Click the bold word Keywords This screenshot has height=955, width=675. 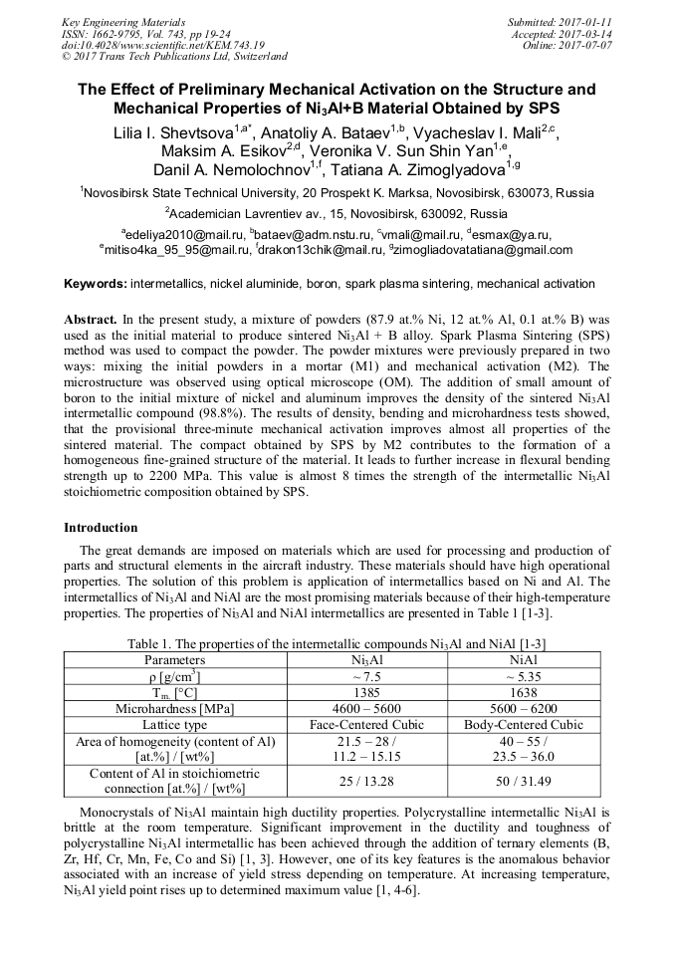coord(96,284)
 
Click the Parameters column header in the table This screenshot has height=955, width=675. coord(175,660)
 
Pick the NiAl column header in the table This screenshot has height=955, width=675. coord(523,660)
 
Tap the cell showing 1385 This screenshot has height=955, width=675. coord(367,692)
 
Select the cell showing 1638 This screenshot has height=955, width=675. coord(523,692)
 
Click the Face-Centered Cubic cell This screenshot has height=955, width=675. coord(367,724)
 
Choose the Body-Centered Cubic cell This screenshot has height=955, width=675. coord(523,724)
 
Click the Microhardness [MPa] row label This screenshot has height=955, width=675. coord(175,708)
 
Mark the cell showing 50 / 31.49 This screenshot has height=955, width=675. coord(523,781)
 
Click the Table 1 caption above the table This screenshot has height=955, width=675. coord(337,643)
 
